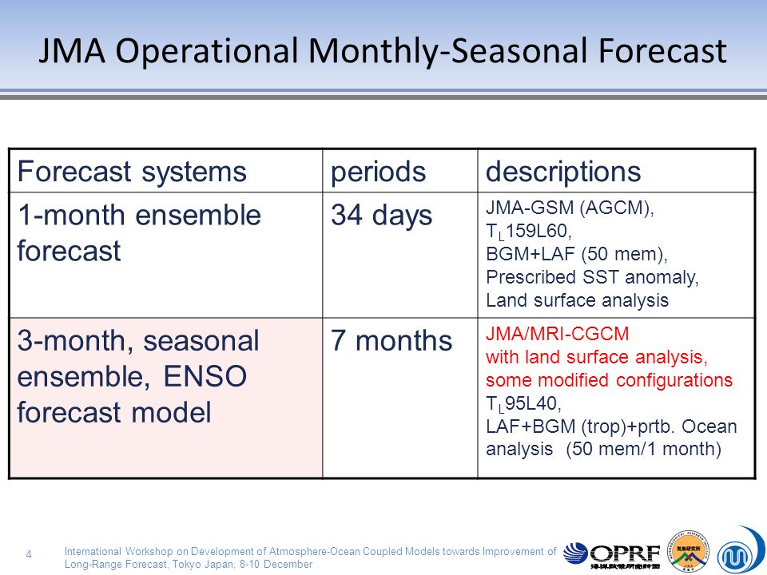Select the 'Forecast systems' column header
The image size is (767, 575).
(132, 172)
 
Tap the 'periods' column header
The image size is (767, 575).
(378, 172)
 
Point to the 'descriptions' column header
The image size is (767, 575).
(563, 172)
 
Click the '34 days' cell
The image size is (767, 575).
(382, 215)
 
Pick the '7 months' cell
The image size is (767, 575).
(391, 340)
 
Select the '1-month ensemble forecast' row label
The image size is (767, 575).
(139, 232)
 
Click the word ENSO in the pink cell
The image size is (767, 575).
(205, 376)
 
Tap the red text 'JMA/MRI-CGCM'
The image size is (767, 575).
(557, 334)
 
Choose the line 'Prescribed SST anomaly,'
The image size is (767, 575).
(592, 277)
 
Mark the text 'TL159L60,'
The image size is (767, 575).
(529, 232)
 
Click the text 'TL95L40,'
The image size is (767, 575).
(523, 404)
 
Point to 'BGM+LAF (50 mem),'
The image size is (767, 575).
(577, 254)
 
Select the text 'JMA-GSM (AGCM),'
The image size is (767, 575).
(570, 208)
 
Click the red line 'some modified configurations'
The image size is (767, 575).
(609, 380)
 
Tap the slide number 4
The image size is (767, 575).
(29, 554)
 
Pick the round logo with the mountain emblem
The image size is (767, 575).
(688, 551)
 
